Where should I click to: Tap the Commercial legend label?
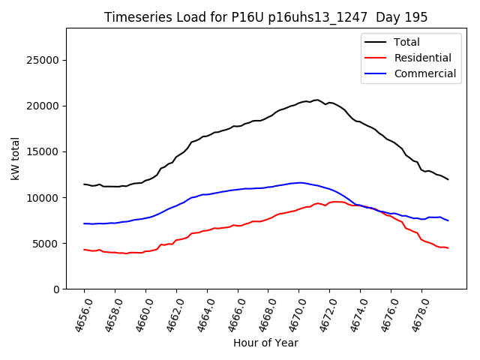[425, 73]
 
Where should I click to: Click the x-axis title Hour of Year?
[265, 343]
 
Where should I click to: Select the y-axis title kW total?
[16, 159]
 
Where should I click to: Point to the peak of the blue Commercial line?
[300, 182]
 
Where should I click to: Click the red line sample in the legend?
[375, 58]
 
